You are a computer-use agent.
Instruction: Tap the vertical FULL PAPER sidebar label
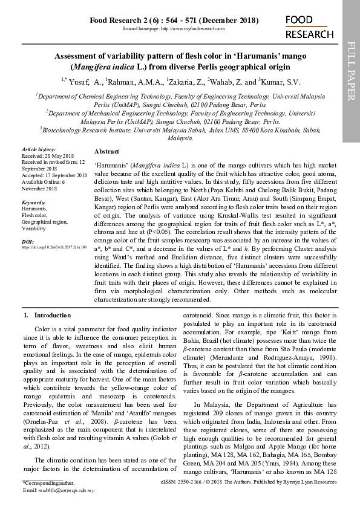point(351,66)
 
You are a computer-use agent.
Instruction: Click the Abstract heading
point(106,151)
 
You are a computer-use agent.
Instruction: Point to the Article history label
point(38,149)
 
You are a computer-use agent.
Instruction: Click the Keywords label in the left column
point(34,202)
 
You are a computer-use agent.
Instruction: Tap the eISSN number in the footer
point(189,483)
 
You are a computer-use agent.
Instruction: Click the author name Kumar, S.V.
point(279,82)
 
